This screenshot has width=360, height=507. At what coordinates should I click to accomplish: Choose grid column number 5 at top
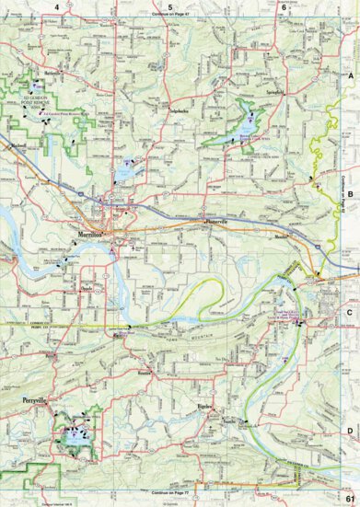(170, 6)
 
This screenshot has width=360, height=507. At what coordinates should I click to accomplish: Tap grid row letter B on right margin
(351, 192)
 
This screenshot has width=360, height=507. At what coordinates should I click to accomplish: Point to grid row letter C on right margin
(351, 312)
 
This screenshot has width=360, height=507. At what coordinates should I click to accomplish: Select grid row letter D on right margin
(351, 429)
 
